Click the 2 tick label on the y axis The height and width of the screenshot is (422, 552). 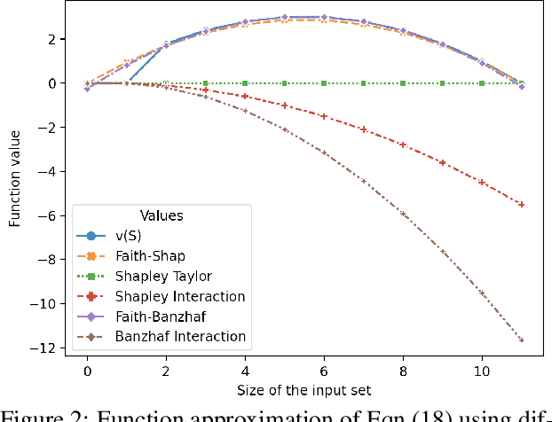coord(53,39)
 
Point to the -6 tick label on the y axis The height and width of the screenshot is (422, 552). coord(51,215)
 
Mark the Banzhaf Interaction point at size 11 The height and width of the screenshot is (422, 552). coord(521,340)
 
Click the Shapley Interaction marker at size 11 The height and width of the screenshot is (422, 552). coord(521,204)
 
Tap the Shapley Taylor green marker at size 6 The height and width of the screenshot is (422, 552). coord(324,83)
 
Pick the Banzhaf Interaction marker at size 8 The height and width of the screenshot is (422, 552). coord(403,214)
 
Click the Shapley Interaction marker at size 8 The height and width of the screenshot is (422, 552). coord(403,145)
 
